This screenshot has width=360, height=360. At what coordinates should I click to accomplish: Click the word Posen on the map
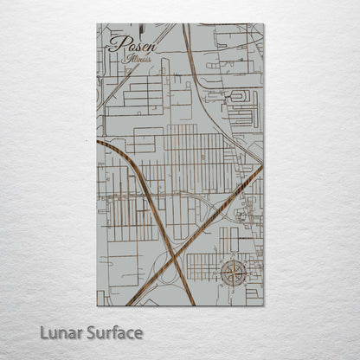[126, 44]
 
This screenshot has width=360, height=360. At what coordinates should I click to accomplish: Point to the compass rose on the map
[232, 273]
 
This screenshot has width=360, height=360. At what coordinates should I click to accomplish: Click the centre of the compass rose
[232, 273]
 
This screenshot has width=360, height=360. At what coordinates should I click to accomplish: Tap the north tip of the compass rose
[232, 259]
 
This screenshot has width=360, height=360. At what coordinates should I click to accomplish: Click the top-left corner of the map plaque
[98, 23]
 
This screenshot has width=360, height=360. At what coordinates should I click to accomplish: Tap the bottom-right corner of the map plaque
[263, 305]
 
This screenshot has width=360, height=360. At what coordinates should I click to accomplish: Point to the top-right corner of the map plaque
[263, 23]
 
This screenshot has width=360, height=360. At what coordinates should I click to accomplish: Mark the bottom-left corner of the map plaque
[98, 305]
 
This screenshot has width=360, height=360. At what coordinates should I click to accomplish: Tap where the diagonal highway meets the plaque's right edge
[262, 167]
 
